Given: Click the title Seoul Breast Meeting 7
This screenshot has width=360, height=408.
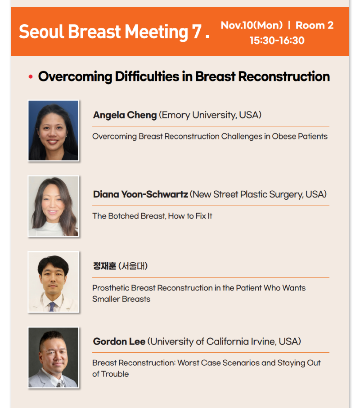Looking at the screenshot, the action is tap(114, 32).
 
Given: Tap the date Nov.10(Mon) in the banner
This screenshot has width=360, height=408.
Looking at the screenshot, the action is tap(252, 25).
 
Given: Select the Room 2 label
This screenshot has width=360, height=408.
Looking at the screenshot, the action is tap(315, 25).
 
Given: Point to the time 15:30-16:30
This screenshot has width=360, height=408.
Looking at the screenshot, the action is tap(277, 40).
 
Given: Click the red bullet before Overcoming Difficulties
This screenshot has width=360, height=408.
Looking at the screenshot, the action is tap(31, 76).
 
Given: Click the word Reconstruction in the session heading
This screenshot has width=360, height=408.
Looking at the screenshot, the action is tap(284, 76).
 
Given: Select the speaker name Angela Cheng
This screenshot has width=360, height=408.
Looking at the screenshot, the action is tap(125, 115).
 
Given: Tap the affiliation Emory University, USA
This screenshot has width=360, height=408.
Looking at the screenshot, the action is tap(210, 115).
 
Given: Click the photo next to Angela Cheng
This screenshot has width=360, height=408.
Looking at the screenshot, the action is tap(54, 130).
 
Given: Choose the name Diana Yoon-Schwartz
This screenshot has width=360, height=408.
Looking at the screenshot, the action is tap(140, 194).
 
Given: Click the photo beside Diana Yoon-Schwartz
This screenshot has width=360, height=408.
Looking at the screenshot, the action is tap(54, 206).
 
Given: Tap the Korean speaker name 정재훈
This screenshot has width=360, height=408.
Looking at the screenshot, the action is tap(104, 266).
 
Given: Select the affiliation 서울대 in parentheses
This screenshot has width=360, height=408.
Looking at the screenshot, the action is tap(133, 266).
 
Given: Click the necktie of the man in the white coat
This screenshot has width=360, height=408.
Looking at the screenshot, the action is tap(52, 306).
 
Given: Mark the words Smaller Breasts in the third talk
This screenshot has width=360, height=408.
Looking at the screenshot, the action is tap(121, 299).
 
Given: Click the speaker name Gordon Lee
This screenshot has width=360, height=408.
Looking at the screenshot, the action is tap(119, 341).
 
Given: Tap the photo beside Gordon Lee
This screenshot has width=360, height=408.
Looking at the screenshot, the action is tap(54, 358).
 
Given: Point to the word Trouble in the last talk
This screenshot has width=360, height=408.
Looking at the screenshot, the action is tap(115, 374).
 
